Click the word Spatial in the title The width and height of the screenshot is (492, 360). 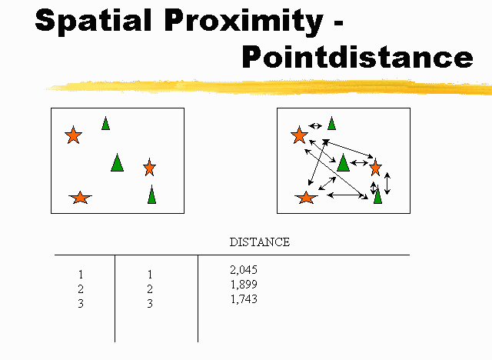pos(94,21)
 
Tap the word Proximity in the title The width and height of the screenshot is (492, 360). pos(244,21)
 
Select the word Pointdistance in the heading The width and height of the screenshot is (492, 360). pos(357,56)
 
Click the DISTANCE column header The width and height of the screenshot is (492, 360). pos(260,242)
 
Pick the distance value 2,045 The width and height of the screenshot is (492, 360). pos(244,269)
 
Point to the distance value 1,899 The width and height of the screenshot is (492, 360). pos(244,285)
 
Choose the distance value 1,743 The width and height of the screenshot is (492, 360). pos(244,299)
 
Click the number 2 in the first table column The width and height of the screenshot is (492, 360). pos(81,288)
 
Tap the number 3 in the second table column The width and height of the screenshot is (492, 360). pos(150,304)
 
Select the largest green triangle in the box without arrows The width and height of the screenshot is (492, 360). pos(117,163)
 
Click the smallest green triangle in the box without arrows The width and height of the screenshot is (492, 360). pos(105,123)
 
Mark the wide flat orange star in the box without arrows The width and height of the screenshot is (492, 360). pos(80,198)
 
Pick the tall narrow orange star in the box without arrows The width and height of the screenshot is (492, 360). pos(149,167)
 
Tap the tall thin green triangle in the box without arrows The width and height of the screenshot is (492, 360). pos(151,195)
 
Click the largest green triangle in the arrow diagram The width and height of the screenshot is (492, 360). pos(343,163)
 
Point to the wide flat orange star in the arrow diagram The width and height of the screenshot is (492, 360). pos(306,198)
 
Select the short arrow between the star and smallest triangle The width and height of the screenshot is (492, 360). pos(315,126)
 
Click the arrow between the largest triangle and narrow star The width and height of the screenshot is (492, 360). pos(359,163)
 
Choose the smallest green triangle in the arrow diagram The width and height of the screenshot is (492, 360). pos(331,123)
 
